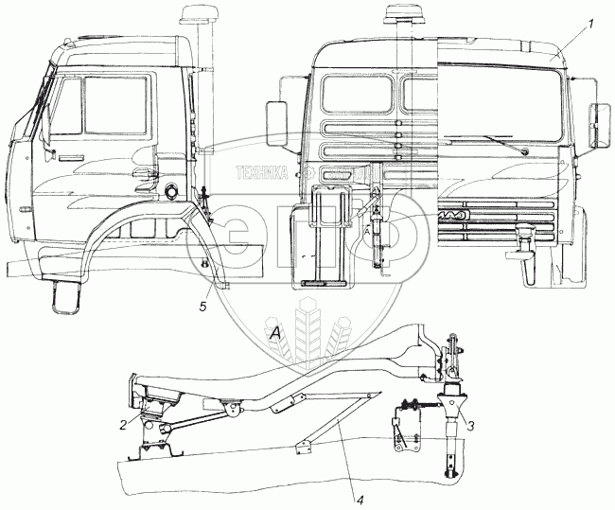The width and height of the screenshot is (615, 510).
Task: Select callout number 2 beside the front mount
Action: coord(124,425)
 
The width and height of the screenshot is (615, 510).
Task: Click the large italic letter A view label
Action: coord(275,333)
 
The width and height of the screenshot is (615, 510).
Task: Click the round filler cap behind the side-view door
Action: coord(172,193)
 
